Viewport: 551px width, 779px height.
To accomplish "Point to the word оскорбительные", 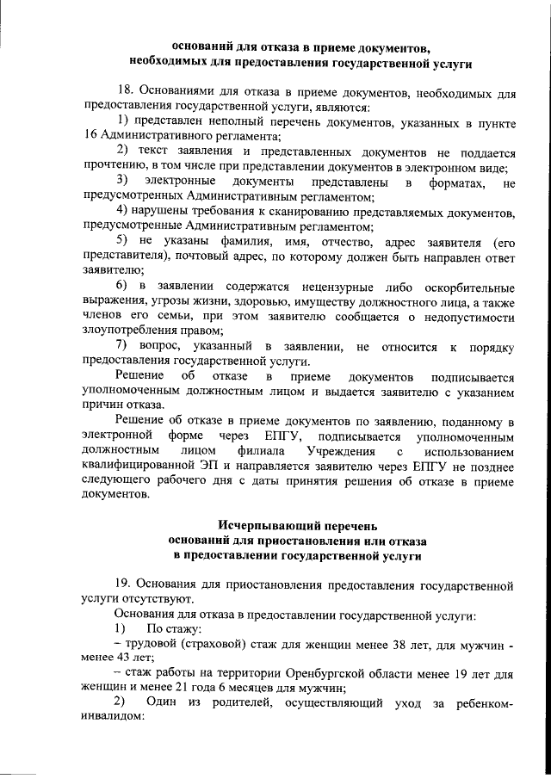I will coord(462,285).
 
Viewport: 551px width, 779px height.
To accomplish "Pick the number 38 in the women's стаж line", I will coord(354,644).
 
